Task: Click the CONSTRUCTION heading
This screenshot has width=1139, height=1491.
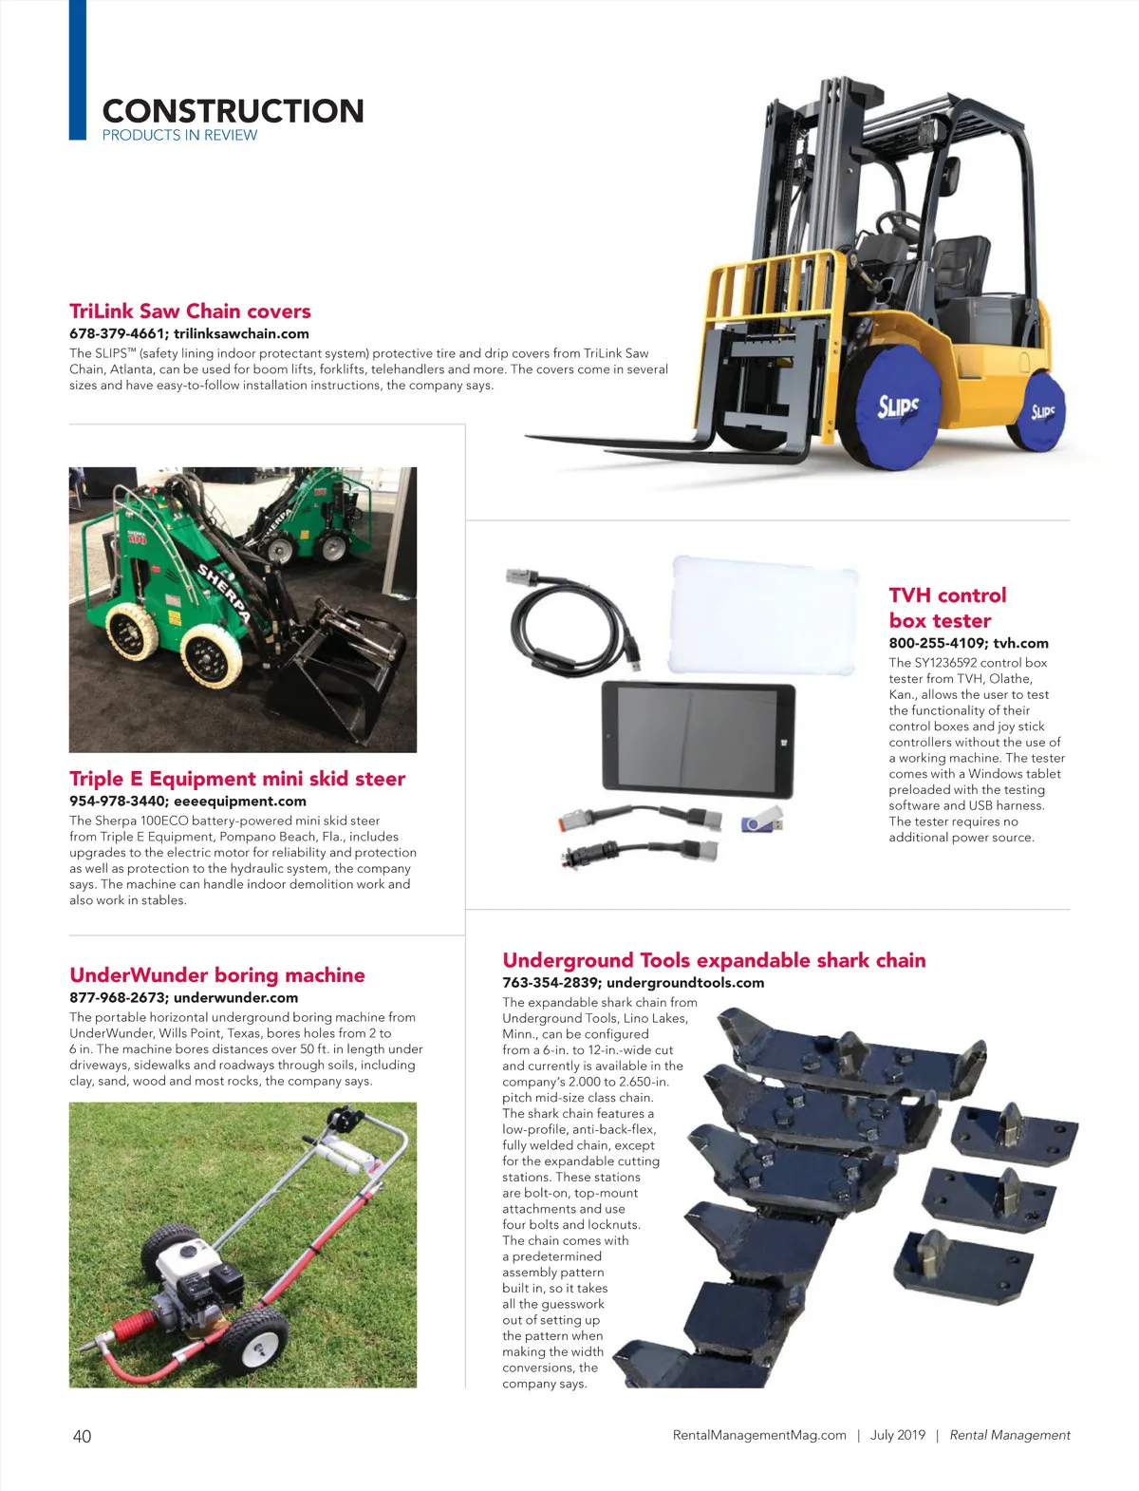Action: click(233, 111)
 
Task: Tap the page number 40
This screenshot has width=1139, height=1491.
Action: click(82, 1436)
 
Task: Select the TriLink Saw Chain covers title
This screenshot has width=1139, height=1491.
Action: click(190, 311)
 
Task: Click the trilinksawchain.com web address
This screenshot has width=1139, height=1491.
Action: click(241, 333)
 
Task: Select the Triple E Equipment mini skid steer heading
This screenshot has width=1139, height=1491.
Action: click(237, 779)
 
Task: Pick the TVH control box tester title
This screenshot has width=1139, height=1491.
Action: click(946, 608)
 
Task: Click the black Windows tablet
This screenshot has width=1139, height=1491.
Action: click(697, 741)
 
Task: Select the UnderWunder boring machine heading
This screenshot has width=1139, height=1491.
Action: click(217, 975)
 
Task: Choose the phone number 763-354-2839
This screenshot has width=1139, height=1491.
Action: click(550, 983)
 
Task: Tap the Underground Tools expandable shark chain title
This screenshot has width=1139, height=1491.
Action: click(714, 960)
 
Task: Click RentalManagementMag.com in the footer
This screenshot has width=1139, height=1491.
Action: click(759, 1435)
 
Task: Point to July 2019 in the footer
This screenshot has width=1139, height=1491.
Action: click(897, 1435)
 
